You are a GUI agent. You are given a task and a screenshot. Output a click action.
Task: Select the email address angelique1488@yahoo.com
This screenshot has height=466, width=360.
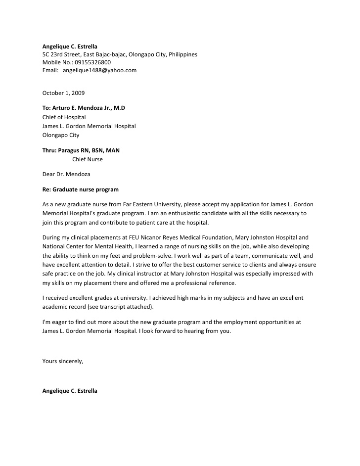[x=99, y=70]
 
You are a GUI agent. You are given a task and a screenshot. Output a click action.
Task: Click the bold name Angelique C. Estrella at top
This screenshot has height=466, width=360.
[x=70, y=47]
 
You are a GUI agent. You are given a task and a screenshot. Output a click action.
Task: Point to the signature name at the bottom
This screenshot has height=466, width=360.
[x=70, y=391]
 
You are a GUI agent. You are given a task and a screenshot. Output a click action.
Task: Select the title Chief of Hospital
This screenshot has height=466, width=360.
[x=64, y=117]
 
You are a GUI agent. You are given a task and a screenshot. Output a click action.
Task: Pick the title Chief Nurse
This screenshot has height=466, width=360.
[x=88, y=159]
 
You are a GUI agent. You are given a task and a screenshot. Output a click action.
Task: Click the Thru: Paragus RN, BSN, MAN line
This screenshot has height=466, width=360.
[x=81, y=150]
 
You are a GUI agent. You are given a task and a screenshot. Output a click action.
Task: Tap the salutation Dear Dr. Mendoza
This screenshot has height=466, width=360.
[x=66, y=174]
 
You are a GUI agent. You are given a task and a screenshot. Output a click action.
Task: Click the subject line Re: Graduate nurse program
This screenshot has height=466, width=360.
[x=80, y=189]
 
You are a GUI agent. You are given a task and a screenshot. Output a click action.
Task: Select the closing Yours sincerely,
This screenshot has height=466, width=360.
[x=63, y=361]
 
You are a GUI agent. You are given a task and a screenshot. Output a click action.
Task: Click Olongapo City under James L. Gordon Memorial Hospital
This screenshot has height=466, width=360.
[x=60, y=135]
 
